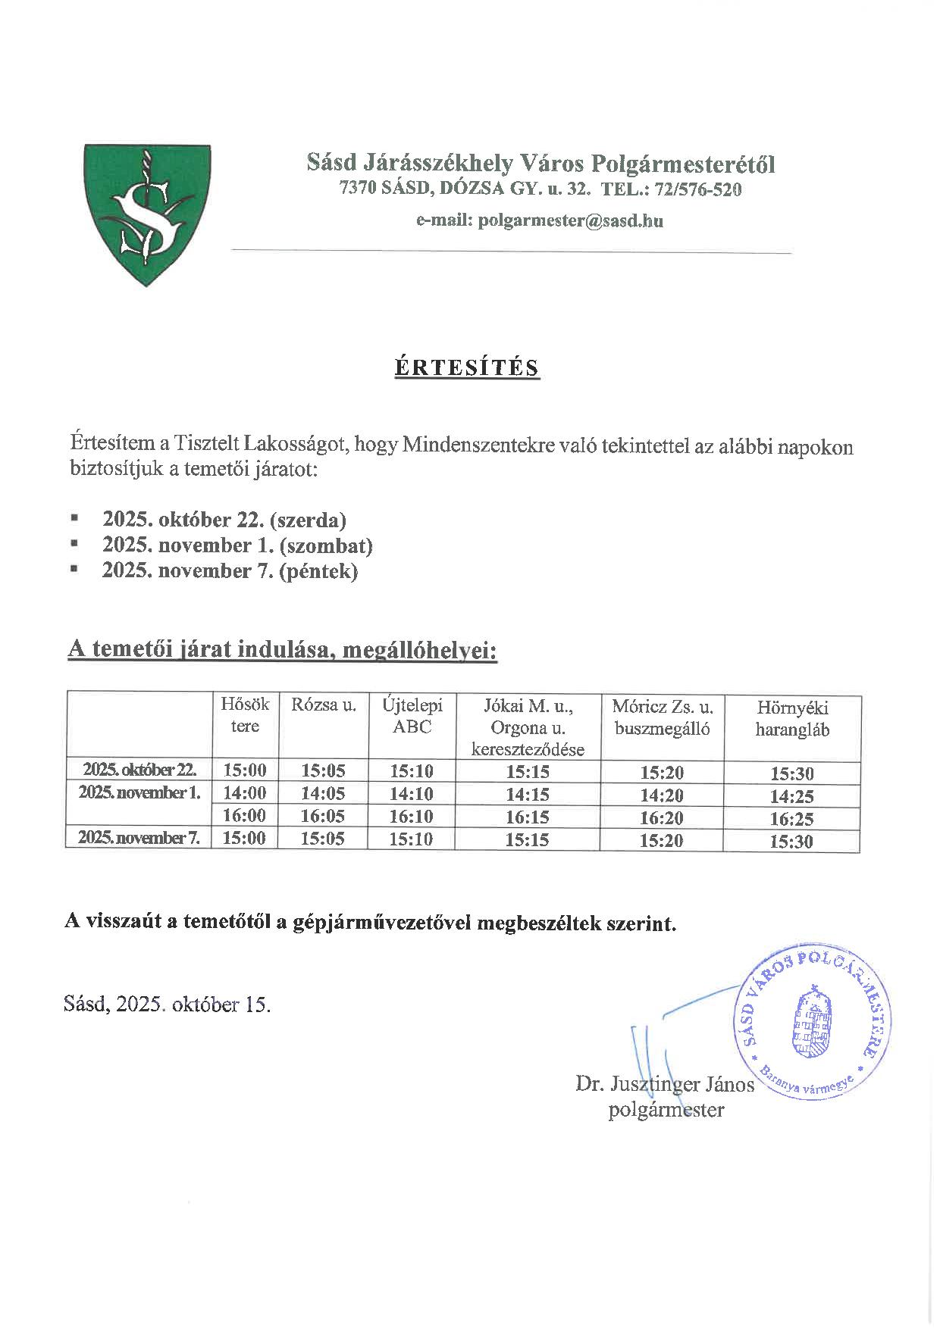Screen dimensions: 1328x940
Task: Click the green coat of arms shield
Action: (x=147, y=214)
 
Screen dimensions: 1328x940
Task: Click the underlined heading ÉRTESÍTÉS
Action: (x=467, y=367)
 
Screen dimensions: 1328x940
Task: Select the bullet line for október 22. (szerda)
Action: (x=224, y=520)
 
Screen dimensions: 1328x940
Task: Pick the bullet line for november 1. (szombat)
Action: (x=237, y=545)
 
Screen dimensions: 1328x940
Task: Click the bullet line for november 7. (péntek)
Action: (x=230, y=570)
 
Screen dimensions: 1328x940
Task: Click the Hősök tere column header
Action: (x=245, y=715)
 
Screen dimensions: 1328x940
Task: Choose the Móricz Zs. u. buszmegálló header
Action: (x=662, y=717)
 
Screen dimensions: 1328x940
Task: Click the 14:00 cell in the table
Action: (x=245, y=793)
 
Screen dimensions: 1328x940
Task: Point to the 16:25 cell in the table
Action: (x=792, y=819)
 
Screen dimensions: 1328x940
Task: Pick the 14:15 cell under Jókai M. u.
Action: (x=528, y=795)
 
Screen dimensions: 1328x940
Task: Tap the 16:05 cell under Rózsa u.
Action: (x=323, y=816)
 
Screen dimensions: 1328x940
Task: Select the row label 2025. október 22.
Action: (x=140, y=770)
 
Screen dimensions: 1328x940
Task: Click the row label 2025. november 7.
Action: (x=140, y=838)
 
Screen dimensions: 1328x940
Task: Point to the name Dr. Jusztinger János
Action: (x=665, y=1084)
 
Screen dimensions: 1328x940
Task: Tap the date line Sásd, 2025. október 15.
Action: (x=168, y=1005)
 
